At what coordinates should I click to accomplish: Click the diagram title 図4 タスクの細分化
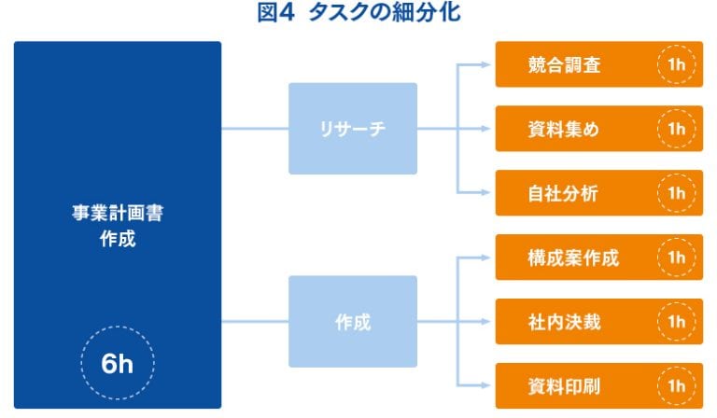click(x=358, y=12)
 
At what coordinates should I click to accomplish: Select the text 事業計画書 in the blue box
click(x=118, y=213)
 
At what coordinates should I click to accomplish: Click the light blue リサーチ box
click(x=353, y=129)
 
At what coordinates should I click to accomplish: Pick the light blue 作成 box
click(x=353, y=321)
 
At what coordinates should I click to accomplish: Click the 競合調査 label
click(x=564, y=64)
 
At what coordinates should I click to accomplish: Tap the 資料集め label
click(x=563, y=129)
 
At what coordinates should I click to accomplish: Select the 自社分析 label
click(x=563, y=193)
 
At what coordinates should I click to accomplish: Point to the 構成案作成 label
click(x=573, y=258)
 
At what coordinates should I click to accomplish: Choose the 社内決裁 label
click(x=564, y=322)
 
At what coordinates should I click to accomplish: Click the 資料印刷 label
click(x=564, y=386)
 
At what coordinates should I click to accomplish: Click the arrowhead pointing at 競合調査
click(x=485, y=64)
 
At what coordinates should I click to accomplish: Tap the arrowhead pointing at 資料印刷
click(x=485, y=385)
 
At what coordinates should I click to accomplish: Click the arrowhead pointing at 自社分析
click(x=485, y=193)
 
